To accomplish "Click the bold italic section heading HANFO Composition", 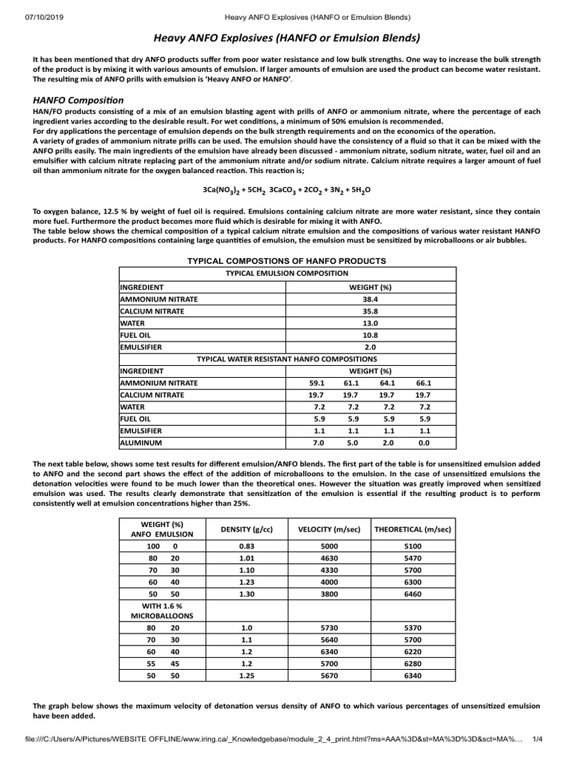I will point(78,100).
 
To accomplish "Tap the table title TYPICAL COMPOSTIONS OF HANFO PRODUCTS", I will point(286,262).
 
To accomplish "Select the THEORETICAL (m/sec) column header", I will point(413,529).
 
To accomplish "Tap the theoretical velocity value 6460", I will point(413,594).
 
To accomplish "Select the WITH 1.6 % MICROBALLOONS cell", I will point(161,610).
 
